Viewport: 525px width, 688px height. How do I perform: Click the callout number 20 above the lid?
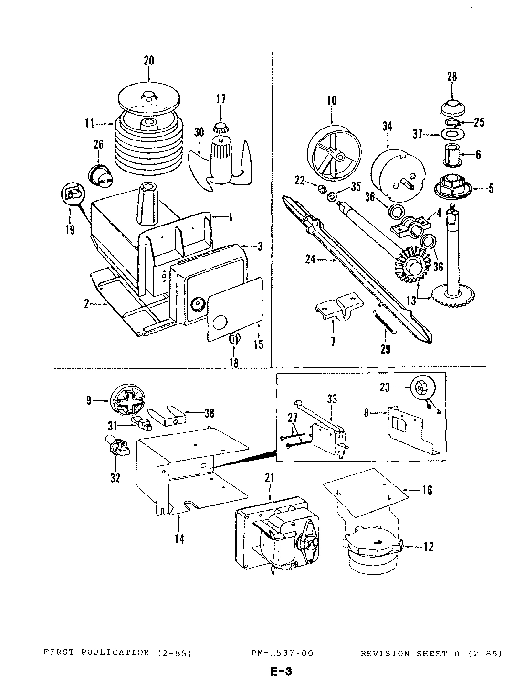149,61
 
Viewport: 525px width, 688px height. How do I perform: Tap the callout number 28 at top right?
452,77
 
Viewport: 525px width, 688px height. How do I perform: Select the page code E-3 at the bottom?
280,672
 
